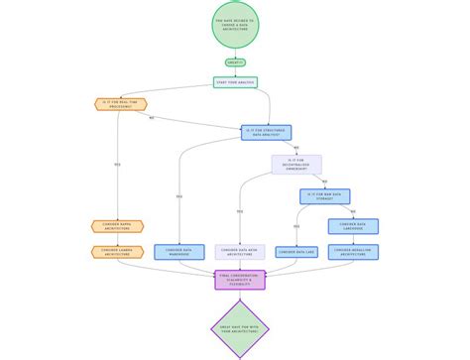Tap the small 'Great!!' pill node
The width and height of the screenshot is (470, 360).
click(235, 61)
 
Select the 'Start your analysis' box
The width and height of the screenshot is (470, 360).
click(235, 82)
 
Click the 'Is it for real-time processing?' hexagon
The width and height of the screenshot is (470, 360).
click(118, 102)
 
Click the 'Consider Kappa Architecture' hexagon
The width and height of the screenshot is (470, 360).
click(118, 226)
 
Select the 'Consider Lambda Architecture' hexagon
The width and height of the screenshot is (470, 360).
click(118, 252)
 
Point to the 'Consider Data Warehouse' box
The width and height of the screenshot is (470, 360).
click(179, 252)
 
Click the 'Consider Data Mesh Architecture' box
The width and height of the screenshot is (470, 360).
click(239, 252)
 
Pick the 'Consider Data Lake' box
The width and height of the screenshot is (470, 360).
click(295, 252)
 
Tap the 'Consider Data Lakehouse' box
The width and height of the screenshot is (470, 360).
click(353, 226)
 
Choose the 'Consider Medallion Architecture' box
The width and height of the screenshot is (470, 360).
click(353, 252)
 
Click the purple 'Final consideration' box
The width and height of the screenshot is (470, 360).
click(239, 279)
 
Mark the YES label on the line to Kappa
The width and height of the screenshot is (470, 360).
click(118, 164)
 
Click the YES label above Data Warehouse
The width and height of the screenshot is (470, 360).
click(179, 196)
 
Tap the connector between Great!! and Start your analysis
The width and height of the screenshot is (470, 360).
click(235, 71)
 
